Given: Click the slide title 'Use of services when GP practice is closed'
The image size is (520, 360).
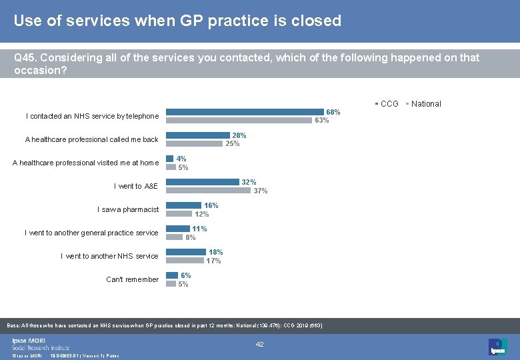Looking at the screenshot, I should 177,21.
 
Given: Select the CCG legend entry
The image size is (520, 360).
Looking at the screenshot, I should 389,103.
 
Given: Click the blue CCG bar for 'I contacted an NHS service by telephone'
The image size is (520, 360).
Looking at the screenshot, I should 245,112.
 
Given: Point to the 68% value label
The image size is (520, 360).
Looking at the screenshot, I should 333,112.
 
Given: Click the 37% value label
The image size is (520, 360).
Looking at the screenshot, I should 260,191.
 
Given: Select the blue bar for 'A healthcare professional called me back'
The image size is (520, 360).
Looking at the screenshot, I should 197,135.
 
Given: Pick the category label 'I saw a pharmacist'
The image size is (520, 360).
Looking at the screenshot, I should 128,209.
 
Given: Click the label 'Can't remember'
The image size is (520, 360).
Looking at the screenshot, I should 132,279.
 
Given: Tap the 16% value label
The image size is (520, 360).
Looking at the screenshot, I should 211,205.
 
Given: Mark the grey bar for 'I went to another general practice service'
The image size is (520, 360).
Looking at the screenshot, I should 174,237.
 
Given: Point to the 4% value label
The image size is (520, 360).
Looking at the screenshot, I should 181,159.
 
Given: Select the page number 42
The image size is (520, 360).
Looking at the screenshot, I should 261,344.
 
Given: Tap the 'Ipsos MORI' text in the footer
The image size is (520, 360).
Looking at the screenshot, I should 29,340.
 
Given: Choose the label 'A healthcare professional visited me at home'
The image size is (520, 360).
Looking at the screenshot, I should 85,163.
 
